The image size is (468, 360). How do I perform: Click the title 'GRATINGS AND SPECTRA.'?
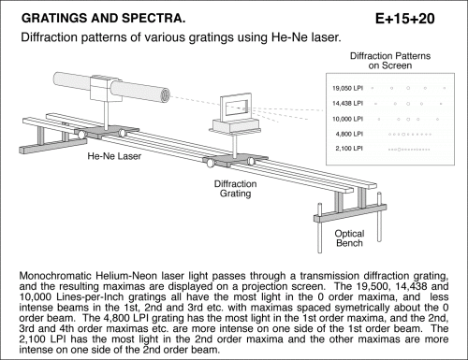(104, 19)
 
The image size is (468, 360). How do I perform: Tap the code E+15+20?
(405, 19)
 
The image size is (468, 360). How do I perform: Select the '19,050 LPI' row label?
(347, 88)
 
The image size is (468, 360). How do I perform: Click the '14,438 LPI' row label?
(347, 103)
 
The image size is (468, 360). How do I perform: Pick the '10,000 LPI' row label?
(347, 119)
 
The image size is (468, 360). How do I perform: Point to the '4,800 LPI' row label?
(349, 134)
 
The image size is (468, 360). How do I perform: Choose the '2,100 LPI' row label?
(349, 149)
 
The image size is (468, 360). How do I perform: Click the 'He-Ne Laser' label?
(114, 156)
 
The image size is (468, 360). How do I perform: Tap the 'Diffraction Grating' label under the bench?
(236, 189)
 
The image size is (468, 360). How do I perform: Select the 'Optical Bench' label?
(349, 238)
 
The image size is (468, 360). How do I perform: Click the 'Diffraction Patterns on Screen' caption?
(390, 61)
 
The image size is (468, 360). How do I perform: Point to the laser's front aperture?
(165, 94)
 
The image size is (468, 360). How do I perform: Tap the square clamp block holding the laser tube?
(101, 88)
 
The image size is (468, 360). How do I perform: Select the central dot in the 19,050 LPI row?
(408, 88)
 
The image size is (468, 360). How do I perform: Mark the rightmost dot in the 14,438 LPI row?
(441, 104)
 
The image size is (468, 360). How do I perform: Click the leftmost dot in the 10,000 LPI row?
(379, 119)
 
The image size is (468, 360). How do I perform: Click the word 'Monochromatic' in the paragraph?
(55, 276)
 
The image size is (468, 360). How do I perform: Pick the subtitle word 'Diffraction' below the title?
(49, 37)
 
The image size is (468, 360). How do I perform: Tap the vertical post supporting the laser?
(107, 115)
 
